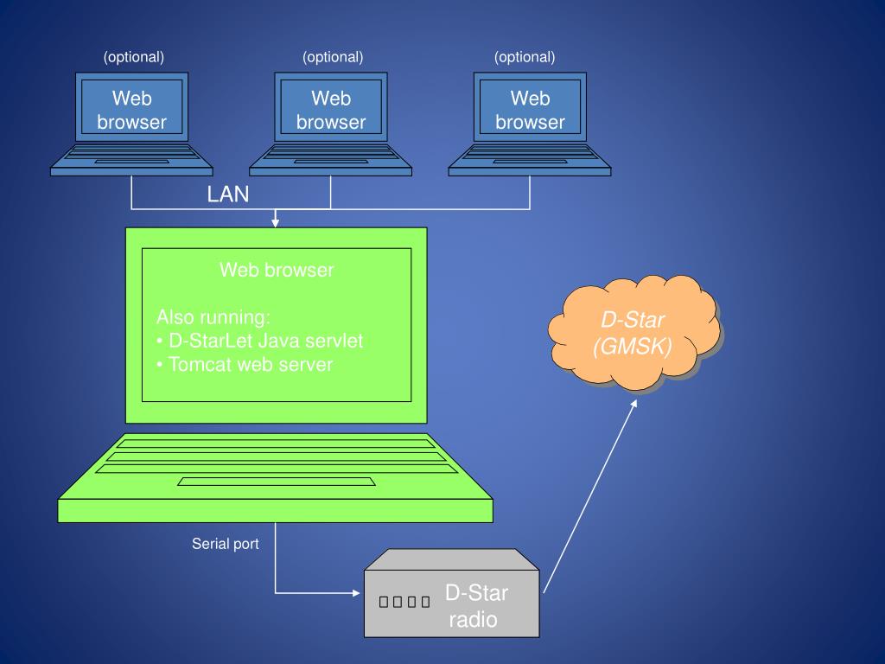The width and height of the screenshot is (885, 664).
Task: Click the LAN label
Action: pos(228,195)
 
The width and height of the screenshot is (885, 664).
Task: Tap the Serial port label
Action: pos(225,544)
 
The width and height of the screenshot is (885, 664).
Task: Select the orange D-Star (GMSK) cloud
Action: pos(634,334)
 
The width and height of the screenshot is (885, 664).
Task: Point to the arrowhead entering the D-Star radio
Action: pos(355,593)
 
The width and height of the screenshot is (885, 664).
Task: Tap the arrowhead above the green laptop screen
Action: pos(276,223)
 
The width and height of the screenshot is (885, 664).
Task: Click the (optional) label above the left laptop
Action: pos(134,57)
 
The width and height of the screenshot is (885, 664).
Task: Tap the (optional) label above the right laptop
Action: pos(525,57)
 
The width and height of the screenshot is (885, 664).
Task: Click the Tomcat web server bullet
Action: pos(245,365)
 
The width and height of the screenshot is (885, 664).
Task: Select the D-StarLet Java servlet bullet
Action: pos(259,341)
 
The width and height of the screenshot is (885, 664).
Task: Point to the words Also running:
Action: pos(213,316)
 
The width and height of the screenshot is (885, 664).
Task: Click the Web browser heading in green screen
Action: pos(277,270)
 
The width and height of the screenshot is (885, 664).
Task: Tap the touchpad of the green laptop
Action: pos(277,482)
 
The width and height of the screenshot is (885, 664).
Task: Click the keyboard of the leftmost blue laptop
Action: pos(131,155)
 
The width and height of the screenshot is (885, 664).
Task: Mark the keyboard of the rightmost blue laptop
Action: pos(530,155)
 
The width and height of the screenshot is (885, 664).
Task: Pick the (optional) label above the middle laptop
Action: pos(333,57)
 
